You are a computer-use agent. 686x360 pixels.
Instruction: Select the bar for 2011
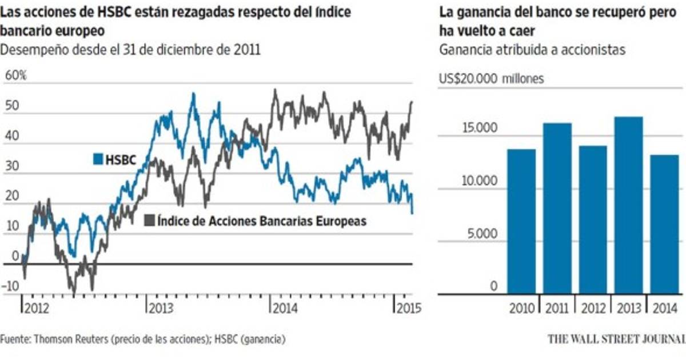tap(557, 209)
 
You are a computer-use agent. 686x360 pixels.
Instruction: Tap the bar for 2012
tap(593, 220)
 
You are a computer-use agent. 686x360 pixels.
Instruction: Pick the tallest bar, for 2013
tap(629, 206)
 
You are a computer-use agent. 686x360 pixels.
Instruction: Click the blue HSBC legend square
tap(97, 160)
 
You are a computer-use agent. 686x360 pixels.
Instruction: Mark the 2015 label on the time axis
tap(408, 308)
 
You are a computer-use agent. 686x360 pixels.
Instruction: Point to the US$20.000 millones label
tap(491, 79)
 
